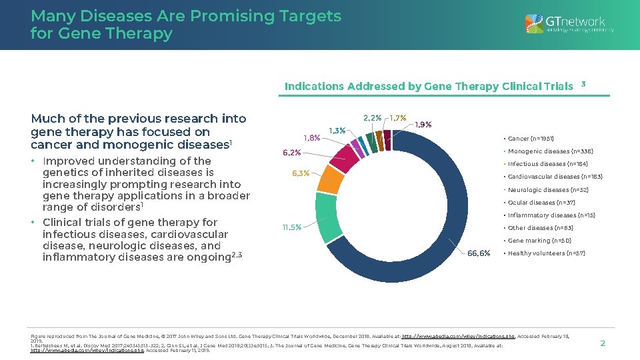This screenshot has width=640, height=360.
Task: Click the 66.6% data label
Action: (479, 253)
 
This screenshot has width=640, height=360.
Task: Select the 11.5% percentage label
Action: (292, 227)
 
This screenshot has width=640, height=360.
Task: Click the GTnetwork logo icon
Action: (534, 24)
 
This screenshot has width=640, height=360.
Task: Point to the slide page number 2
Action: (603, 343)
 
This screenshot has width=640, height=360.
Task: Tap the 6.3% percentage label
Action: (301, 173)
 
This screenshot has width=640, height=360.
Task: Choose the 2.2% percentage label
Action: (372, 118)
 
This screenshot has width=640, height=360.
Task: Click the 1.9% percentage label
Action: (423, 124)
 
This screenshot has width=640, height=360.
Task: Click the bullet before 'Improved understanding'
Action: (34, 161)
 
